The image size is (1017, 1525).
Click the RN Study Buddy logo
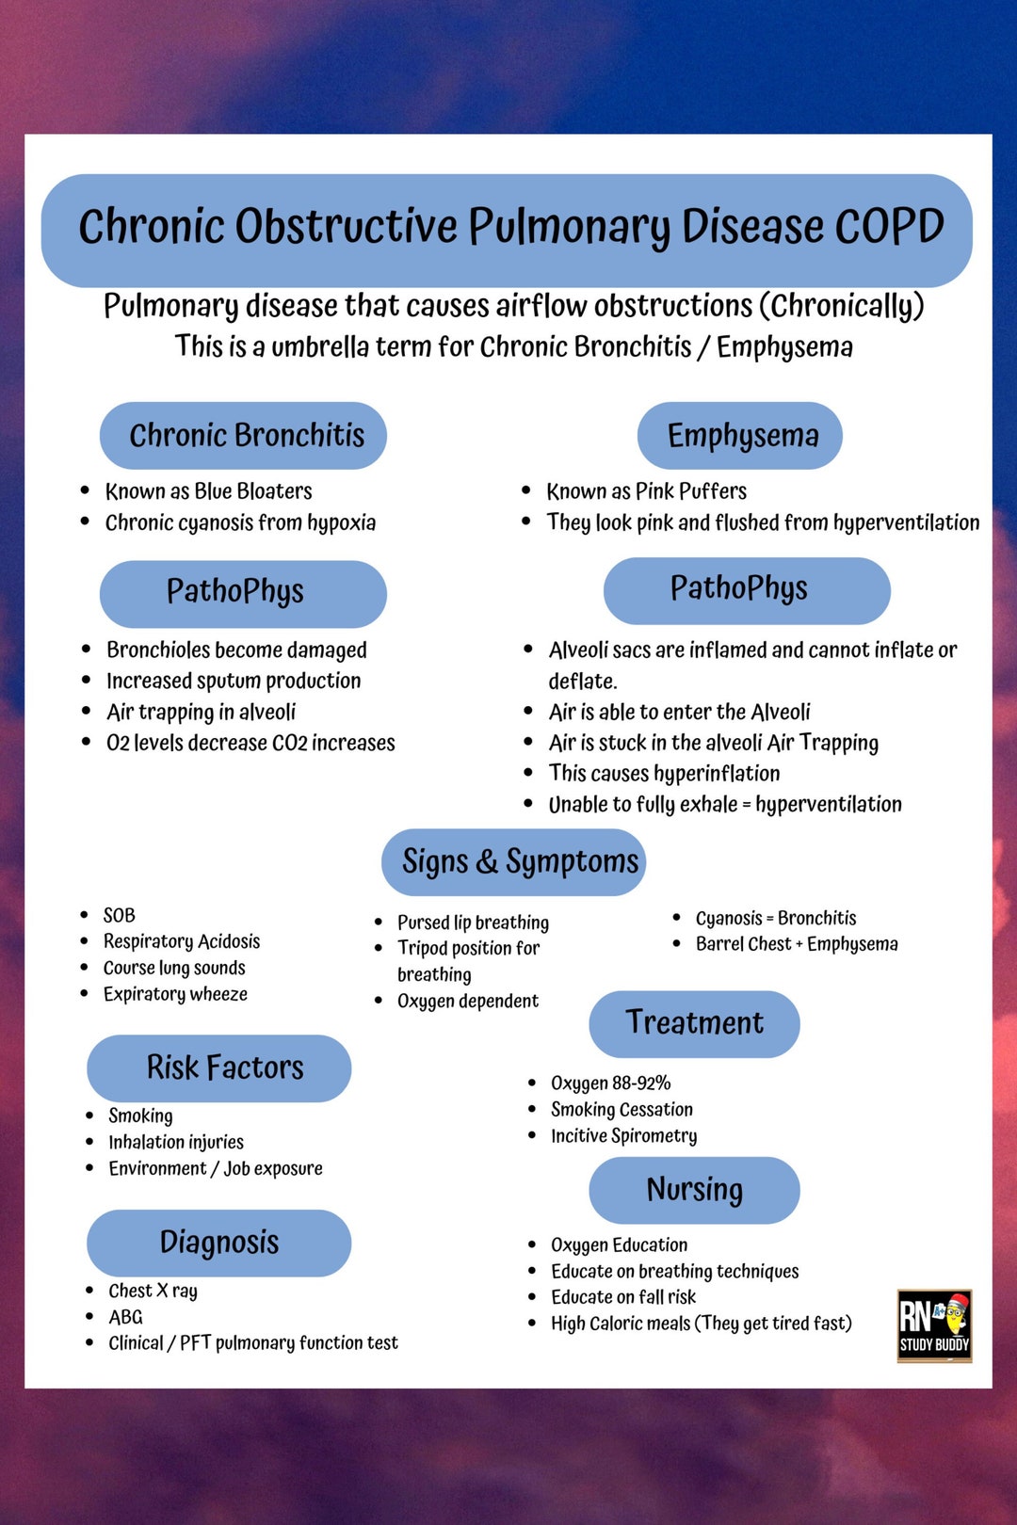(x=934, y=1325)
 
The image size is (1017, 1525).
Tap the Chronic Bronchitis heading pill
(x=243, y=436)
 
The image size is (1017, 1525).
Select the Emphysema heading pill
(x=740, y=436)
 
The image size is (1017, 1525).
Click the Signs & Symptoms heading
(x=514, y=862)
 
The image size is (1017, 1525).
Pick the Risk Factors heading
(x=219, y=1068)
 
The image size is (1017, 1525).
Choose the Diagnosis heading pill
(x=219, y=1243)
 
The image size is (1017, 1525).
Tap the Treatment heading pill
(x=694, y=1023)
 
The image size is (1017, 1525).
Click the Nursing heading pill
(x=694, y=1190)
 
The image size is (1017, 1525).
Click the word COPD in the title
(x=890, y=227)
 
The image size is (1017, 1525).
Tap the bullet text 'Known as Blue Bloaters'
(x=208, y=491)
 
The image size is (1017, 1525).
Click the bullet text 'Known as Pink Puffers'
(x=646, y=491)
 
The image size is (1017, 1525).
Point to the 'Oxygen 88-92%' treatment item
(x=610, y=1084)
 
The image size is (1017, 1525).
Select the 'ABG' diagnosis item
(x=125, y=1317)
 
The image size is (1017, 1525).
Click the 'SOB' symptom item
(x=120, y=915)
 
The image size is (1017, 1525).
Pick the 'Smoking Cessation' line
(x=621, y=1110)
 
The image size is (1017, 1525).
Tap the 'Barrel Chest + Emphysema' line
(x=797, y=944)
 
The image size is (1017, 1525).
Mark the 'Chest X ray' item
(x=153, y=1291)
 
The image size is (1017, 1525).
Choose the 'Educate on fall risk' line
(x=623, y=1297)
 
